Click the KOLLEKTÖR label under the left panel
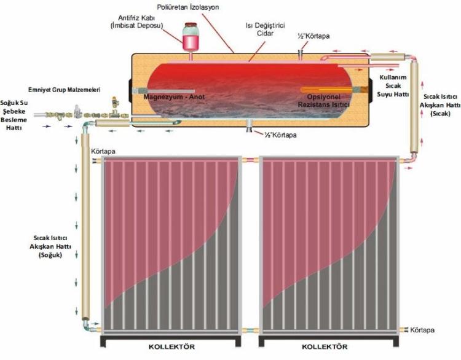point(171,347)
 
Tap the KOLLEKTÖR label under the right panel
point(328,347)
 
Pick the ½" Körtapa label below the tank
point(280,135)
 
